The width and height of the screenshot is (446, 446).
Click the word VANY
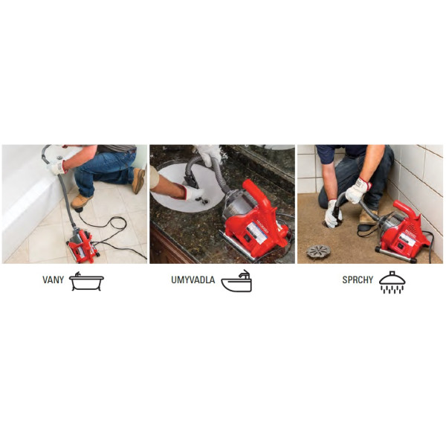point(53,280)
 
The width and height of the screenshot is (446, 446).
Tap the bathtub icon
point(86,281)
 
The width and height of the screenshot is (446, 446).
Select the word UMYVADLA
point(193,280)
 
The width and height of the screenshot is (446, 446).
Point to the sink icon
point(236,281)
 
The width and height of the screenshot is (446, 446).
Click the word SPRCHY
point(358,280)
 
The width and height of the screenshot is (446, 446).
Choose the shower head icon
point(392,282)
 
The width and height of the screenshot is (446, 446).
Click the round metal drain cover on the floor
point(319,251)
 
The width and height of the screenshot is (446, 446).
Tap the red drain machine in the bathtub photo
point(83,245)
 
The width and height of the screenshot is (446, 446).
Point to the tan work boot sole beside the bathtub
point(138,181)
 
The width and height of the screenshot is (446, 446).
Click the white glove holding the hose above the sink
point(208,155)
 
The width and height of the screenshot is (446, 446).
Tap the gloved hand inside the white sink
point(193,194)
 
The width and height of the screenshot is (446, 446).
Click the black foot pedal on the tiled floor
point(79,210)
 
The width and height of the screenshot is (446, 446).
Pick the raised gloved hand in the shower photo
point(358,190)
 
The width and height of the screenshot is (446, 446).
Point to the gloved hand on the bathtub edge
point(58,167)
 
